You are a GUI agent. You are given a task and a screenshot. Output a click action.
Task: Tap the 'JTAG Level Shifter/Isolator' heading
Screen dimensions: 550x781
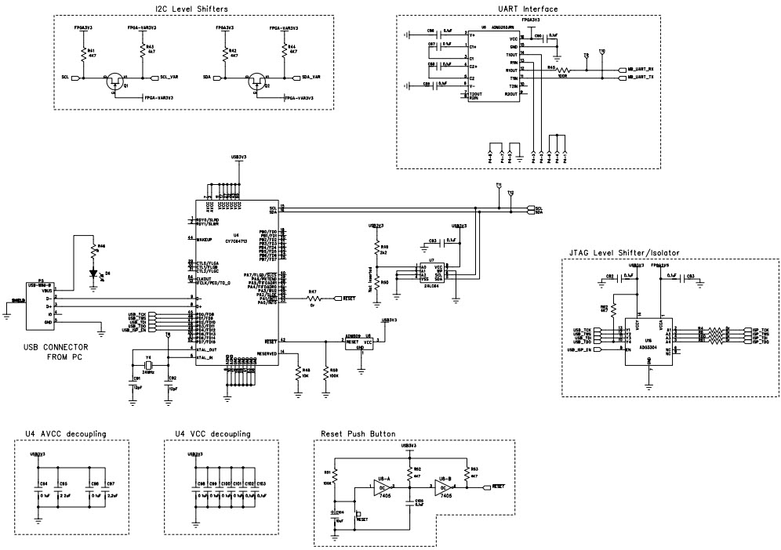[x=622, y=253]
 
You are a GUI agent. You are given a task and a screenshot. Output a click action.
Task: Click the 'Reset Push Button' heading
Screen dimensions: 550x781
[x=358, y=433]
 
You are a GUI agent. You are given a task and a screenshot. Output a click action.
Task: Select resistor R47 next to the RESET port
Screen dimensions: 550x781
[x=314, y=299]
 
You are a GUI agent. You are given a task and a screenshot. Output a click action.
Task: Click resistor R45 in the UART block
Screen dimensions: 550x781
[x=562, y=71]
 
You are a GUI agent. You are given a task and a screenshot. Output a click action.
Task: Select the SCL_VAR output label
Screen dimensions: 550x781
[x=170, y=78]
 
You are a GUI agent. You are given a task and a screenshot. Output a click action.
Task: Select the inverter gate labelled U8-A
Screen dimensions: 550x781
[x=385, y=487]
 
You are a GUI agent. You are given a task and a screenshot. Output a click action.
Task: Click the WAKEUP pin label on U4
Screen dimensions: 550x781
[x=208, y=237]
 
